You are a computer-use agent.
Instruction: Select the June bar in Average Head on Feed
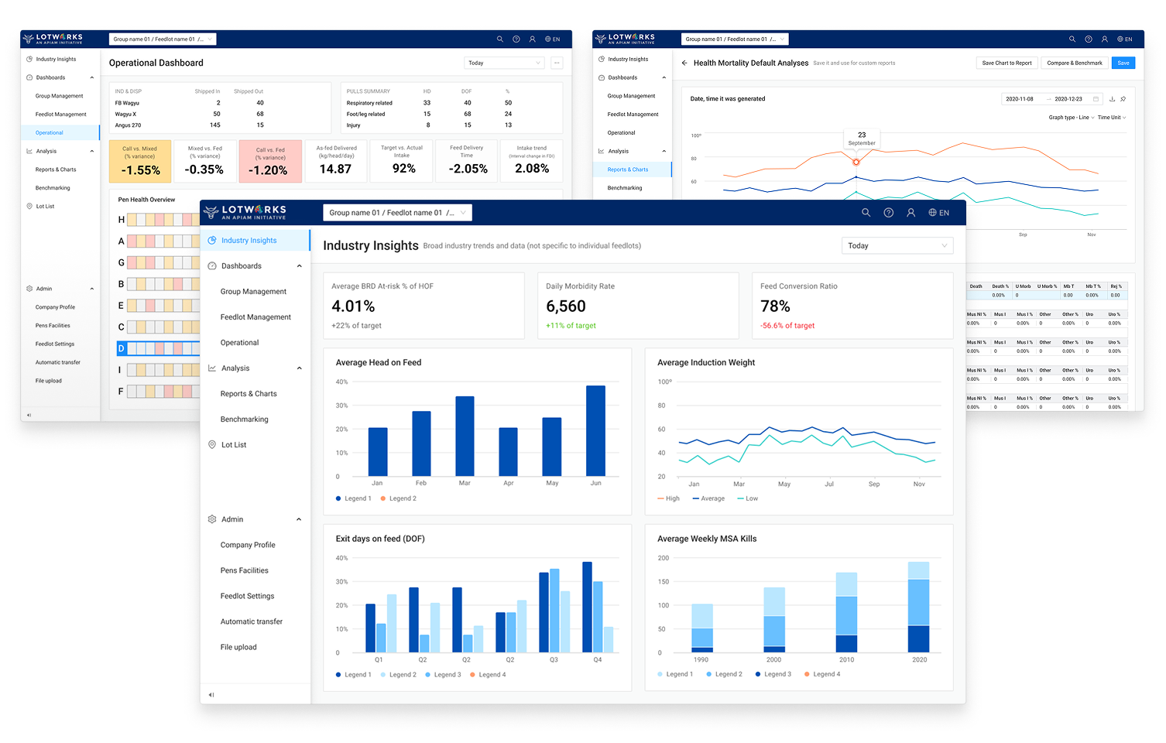tap(595, 430)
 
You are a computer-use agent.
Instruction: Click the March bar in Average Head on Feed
tap(465, 436)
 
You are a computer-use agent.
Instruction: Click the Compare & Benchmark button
tap(1074, 63)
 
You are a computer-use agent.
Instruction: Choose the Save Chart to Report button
tap(1007, 63)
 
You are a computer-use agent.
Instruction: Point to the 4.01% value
tap(353, 306)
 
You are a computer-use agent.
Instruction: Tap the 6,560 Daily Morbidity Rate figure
tap(566, 306)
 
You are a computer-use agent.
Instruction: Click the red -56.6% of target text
tap(787, 326)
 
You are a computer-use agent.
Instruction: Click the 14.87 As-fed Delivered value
tap(335, 169)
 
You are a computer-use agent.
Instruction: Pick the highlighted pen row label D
tap(121, 348)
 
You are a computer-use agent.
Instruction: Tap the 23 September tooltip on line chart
tap(862, 139)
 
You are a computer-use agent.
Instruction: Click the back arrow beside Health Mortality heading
tap(684, 63)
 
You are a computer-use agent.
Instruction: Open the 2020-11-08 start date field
tap(1020, 99)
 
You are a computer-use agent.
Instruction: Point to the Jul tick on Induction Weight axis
tap(829, 484)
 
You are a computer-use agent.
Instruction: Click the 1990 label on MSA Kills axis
tap(701, 659)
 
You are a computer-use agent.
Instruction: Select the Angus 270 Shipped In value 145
tap(215, 125)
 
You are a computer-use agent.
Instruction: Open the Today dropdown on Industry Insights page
tap(897, 245)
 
